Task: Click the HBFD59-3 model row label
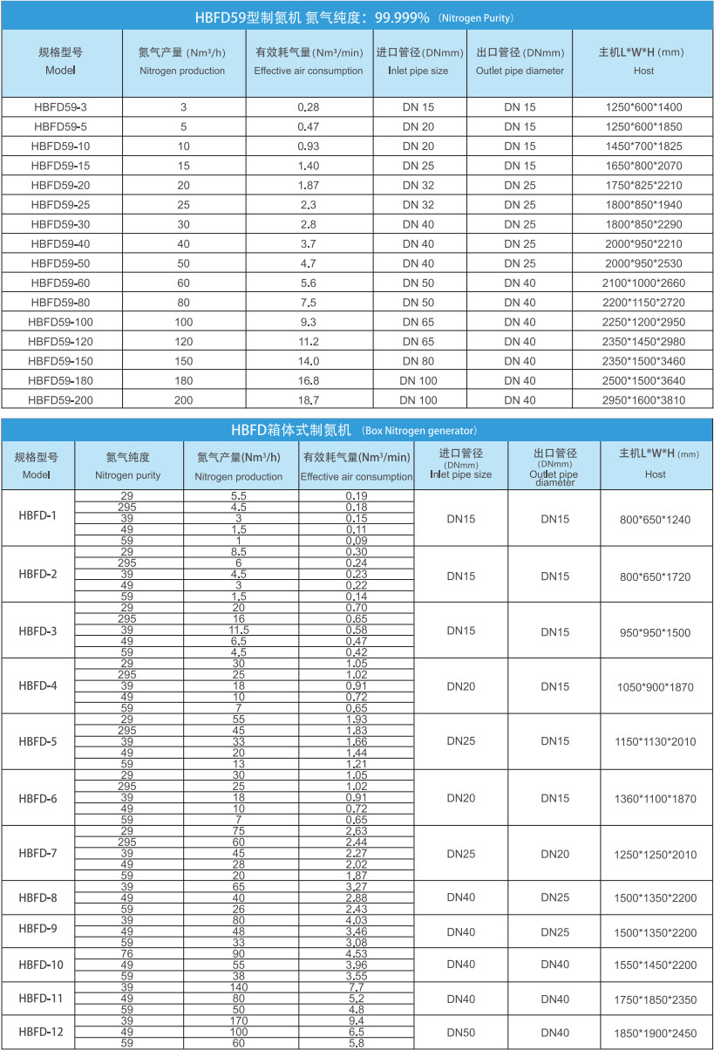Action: pos(60,107)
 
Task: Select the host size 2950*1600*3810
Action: pos(644,400)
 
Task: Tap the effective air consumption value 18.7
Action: pos(309,400)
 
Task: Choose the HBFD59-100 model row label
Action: pos(60,322)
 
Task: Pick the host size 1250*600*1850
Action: pos(644,126)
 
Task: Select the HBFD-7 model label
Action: pos(37,854)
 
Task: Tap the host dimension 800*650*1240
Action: pos(655,520)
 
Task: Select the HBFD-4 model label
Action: pos(37,686)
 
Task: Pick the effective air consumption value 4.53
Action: pos(356,954)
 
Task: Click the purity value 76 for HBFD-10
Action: pos(127,954)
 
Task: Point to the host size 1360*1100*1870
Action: pos(655,799)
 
